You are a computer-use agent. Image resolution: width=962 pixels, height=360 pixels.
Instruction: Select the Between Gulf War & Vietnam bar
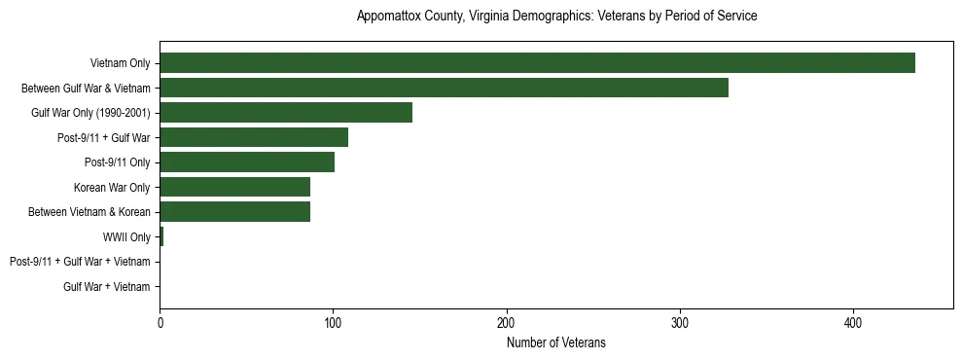(x=444, y=89)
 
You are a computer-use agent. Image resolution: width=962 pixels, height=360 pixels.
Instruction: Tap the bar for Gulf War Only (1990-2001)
(x=286, y=113)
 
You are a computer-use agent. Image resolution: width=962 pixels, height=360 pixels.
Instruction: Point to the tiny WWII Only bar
(x=161, y=237)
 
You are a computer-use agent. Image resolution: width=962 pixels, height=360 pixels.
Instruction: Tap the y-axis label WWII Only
(x=126, y=237)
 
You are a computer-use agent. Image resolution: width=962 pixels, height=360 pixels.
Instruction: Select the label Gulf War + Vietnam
(x=107, y=287)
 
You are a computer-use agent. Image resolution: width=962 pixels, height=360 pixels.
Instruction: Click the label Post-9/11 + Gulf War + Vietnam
(x=80, y=262)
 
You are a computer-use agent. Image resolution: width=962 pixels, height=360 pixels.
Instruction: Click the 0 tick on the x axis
(x=160, y=323)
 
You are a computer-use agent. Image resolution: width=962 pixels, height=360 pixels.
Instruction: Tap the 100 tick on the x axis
(x=333, y=323)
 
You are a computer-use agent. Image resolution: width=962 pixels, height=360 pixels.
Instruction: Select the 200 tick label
(x=506, y=323)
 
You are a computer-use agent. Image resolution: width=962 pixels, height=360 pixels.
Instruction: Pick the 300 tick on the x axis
(x=680, y=323)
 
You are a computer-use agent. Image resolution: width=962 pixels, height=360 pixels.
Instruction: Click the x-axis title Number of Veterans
(x=555, y=342)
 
